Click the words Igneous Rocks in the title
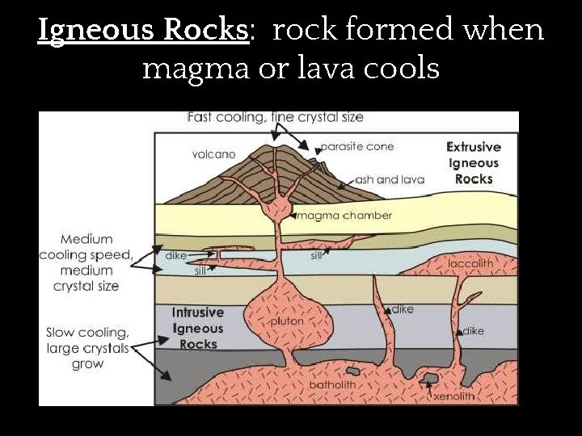click(x=141, y=30)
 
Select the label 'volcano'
click(x=213, y=153)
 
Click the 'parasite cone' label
click(x=356, y=147)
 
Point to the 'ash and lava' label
click(x=390, y=179)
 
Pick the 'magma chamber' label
click(x=344, y=216)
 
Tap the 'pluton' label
click(x=287, y=321)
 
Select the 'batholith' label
click(x=332, y=384)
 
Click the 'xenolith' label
click(x=453, y=396)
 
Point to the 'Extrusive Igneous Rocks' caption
click(x=474, y=163)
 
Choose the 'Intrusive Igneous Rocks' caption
click(x=198, y=329)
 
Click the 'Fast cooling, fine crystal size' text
click(x=275, y=117)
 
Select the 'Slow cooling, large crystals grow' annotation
click(x=87, y=348)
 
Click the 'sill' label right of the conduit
click(x=317, y=256)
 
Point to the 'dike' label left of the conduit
click(x=175, y=255)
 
